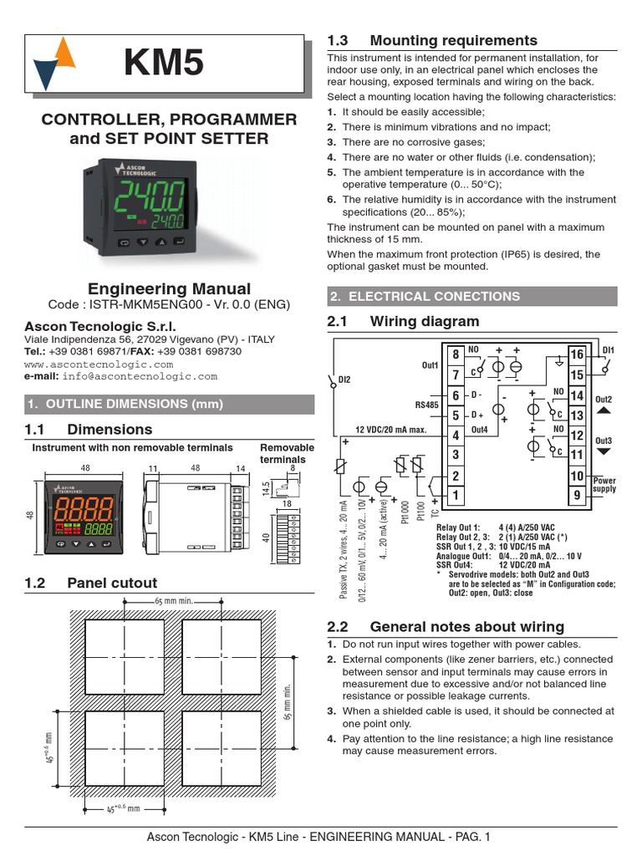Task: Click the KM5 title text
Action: click(x=164, y=64)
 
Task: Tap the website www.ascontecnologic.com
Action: click(x=98, y=364)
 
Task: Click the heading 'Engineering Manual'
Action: click(x=170, y=289)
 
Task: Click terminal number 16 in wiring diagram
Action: click(x=577, y=355)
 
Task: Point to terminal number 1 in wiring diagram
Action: click(x=456, y=495)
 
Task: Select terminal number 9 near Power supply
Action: click(x=577, y=496)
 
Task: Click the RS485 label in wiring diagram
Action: click(x=426, y=405)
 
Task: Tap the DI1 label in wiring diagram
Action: click(x=608, y=349)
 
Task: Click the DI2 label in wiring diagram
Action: click(x=344, y=380)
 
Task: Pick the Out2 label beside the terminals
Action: click(x=604, y=400)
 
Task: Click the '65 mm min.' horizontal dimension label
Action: click(x=175, y=602)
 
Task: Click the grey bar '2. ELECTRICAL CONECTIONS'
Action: click(x=471, y=297)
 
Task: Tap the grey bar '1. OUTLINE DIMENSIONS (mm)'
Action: click(x=170, y=405)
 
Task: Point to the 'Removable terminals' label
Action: click(x=287, y=453)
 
